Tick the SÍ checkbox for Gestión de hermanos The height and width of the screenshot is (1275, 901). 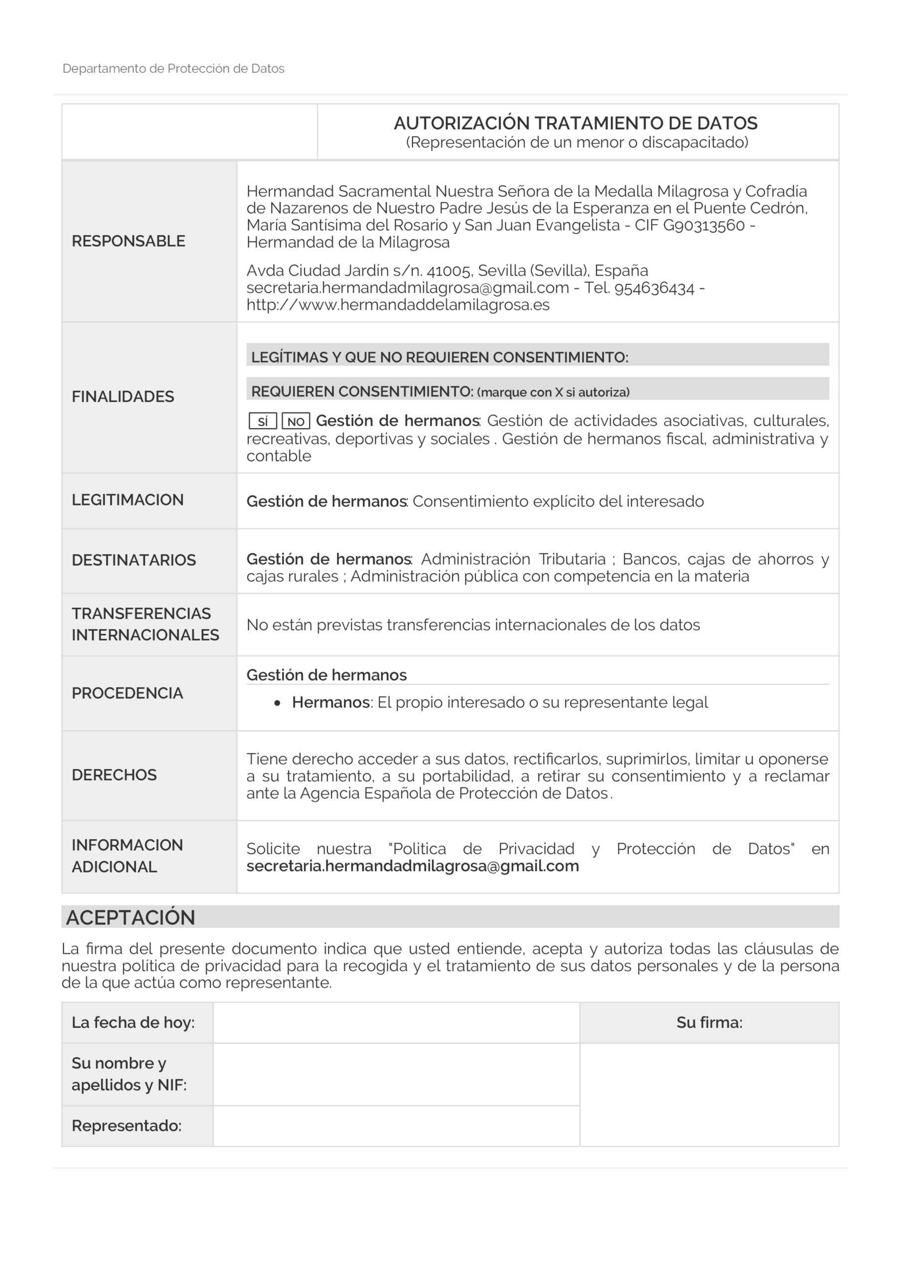[263, 421]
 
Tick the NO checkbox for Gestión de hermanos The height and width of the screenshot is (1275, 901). [296, 421]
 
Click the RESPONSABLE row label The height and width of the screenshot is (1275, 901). [128, 241]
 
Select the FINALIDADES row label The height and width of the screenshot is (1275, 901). [123, 396]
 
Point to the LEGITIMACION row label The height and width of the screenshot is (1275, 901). [127, 500]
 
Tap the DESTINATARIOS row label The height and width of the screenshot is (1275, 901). [134, 560]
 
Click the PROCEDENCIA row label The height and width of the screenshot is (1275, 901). [127, 693]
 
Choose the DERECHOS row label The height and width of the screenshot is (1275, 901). [114, 774]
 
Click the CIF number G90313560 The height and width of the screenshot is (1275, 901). [704, 226]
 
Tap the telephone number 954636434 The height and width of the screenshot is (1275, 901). [654, 288]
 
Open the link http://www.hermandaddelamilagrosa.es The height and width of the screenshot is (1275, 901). [398, 305]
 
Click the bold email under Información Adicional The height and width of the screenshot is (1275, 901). [413, 866]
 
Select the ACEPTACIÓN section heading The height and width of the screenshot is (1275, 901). [131, 917]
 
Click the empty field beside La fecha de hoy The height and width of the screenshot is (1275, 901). [396, 1022]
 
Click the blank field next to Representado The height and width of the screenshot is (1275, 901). [396, 1126]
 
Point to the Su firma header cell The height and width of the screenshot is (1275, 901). [709, 1022]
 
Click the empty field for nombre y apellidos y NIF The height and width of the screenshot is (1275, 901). [396, 1074]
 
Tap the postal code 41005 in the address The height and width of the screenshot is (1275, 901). [450, 271]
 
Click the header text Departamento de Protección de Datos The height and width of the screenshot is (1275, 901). [173, 69]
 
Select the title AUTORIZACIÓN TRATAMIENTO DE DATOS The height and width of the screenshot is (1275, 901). [576, 124]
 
